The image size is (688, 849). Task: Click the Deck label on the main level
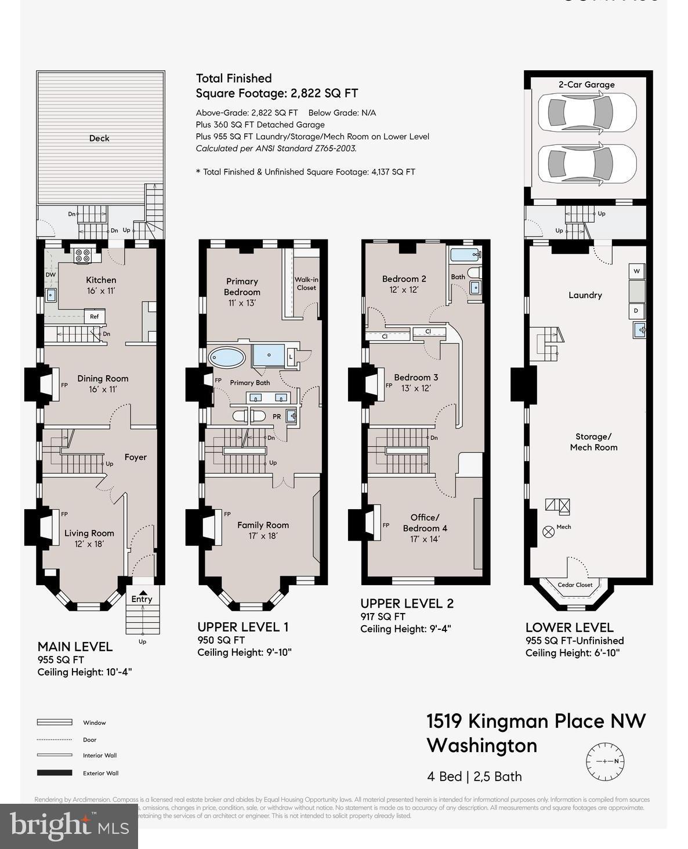pos(99,138)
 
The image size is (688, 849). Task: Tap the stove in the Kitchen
pos(82,255)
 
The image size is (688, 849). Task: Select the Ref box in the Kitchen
pos(94,317)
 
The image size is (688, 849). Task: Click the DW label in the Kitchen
pos(50,275)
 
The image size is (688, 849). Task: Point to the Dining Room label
pos(103,379)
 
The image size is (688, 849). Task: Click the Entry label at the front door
pos(142,599)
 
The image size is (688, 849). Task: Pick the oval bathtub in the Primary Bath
pos(227,357)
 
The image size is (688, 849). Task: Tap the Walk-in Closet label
pos(306,284)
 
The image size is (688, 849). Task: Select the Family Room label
pos(263,525)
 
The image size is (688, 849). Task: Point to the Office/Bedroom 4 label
pos(425,523)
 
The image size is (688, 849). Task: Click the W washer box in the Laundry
pos(636,271)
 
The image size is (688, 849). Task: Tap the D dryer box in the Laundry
pos(636,311)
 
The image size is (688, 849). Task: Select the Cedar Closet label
pos(575,585)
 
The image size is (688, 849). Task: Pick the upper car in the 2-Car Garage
pos(586,112)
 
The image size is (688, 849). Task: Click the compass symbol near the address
pos(605,761)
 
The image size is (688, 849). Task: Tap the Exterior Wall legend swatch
pos(55,773)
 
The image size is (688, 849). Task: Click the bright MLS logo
pos(69,826)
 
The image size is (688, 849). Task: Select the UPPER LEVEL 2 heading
pos(407,603)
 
